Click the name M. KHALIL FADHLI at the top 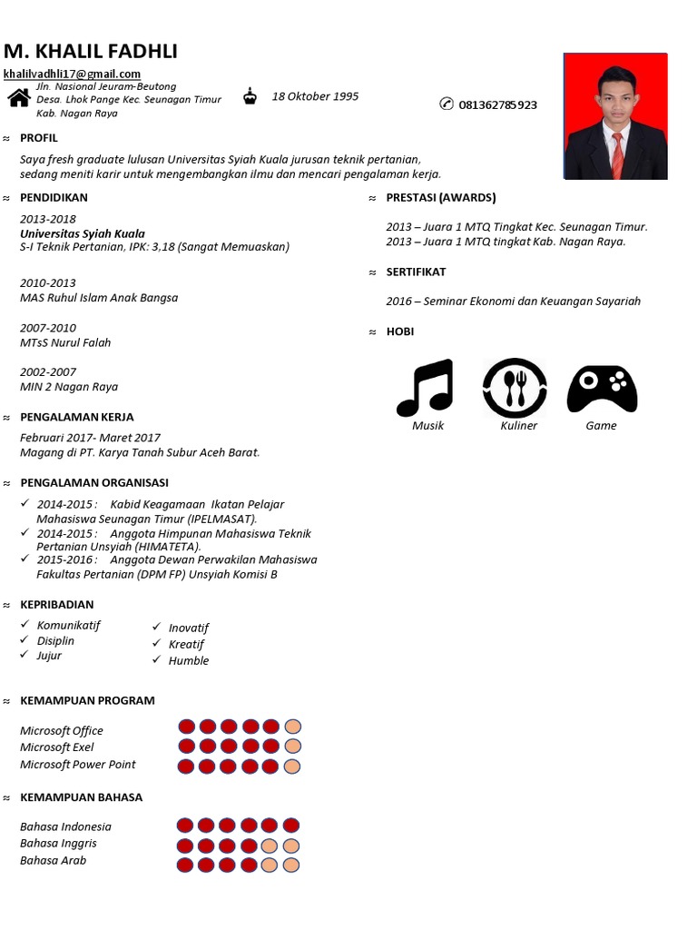click(x=91, y=51)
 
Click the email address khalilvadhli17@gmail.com click(x=72, y=74)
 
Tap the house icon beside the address click(x=19, y=98)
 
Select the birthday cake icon click(x=250, y=96)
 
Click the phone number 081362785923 click(x=497, y=104)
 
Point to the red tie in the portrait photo click(x=617, y=155)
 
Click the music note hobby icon click(x=425, y=388)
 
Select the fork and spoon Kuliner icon click(x=515, y=388)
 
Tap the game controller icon click(x=602, y=389)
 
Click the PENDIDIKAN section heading click(x=54, y=197)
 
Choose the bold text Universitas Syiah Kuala click(x=83, y=233)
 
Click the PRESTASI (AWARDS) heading click(x=441, y=197)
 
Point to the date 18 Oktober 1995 click(x=315, y=96)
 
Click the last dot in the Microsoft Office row click(x=292, y=727)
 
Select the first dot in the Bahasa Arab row click(x=185, y=865)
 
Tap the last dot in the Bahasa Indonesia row click(x=290, y=826)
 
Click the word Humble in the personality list click(x=189, y=660)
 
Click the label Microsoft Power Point click(x=78, y=765)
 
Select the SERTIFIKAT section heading click(x=416, y=272)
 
